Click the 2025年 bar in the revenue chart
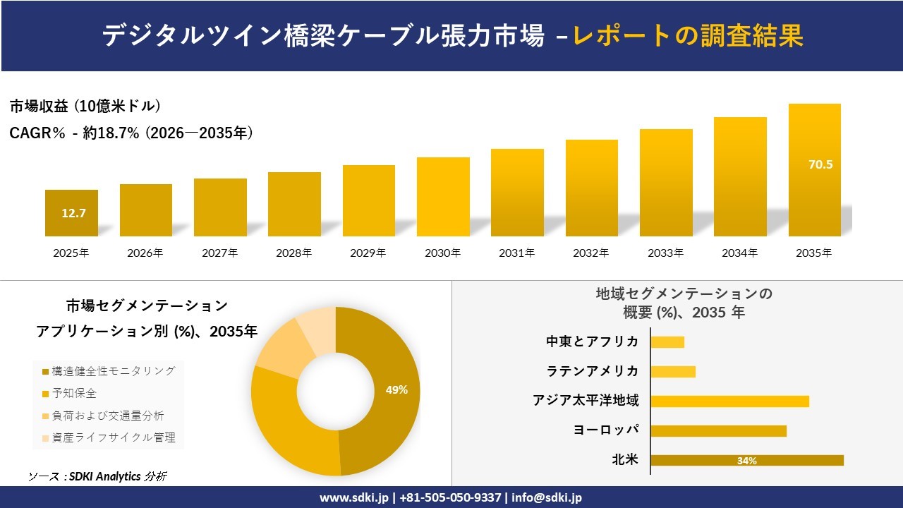pyautogui.click(x=71, y=213)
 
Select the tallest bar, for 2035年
pyautogui.click(x=815, y=170)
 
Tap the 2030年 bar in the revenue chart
pyautogui.click(x=443, y=197)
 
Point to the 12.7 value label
pyautogui.click(x=73, y=213)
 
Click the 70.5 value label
pyautogui.click(x=820, y=164)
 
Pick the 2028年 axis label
pyautogui.click(x=294, y=253)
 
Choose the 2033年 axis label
pyautogui.click(x=665, y=253)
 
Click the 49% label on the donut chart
pyautogui.click(x=396, y=390)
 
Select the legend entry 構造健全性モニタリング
pyautogui.click(x=109, y=371)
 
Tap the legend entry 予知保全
pyautogui.click(x=69, y=393)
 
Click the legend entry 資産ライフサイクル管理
pyautogui.click(x=109, y=437)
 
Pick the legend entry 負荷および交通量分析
pyautogui.click(x=103, y=416)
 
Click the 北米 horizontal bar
pyautogui.click(x=747, y=461)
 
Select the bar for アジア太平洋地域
pyautogui.click(x=729, y=401)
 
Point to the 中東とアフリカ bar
pyautogui.click(x=667, y=342)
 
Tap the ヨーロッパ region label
pyautogui.click(x=606, y=430)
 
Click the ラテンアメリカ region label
pyautogui.click(x=593, y=371)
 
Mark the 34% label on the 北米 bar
pyautogui.click(x=746, y=461)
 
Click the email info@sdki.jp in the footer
pyautogui.click(x=547, y=497)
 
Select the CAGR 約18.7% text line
pyautogui.click(x=131, y=133)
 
